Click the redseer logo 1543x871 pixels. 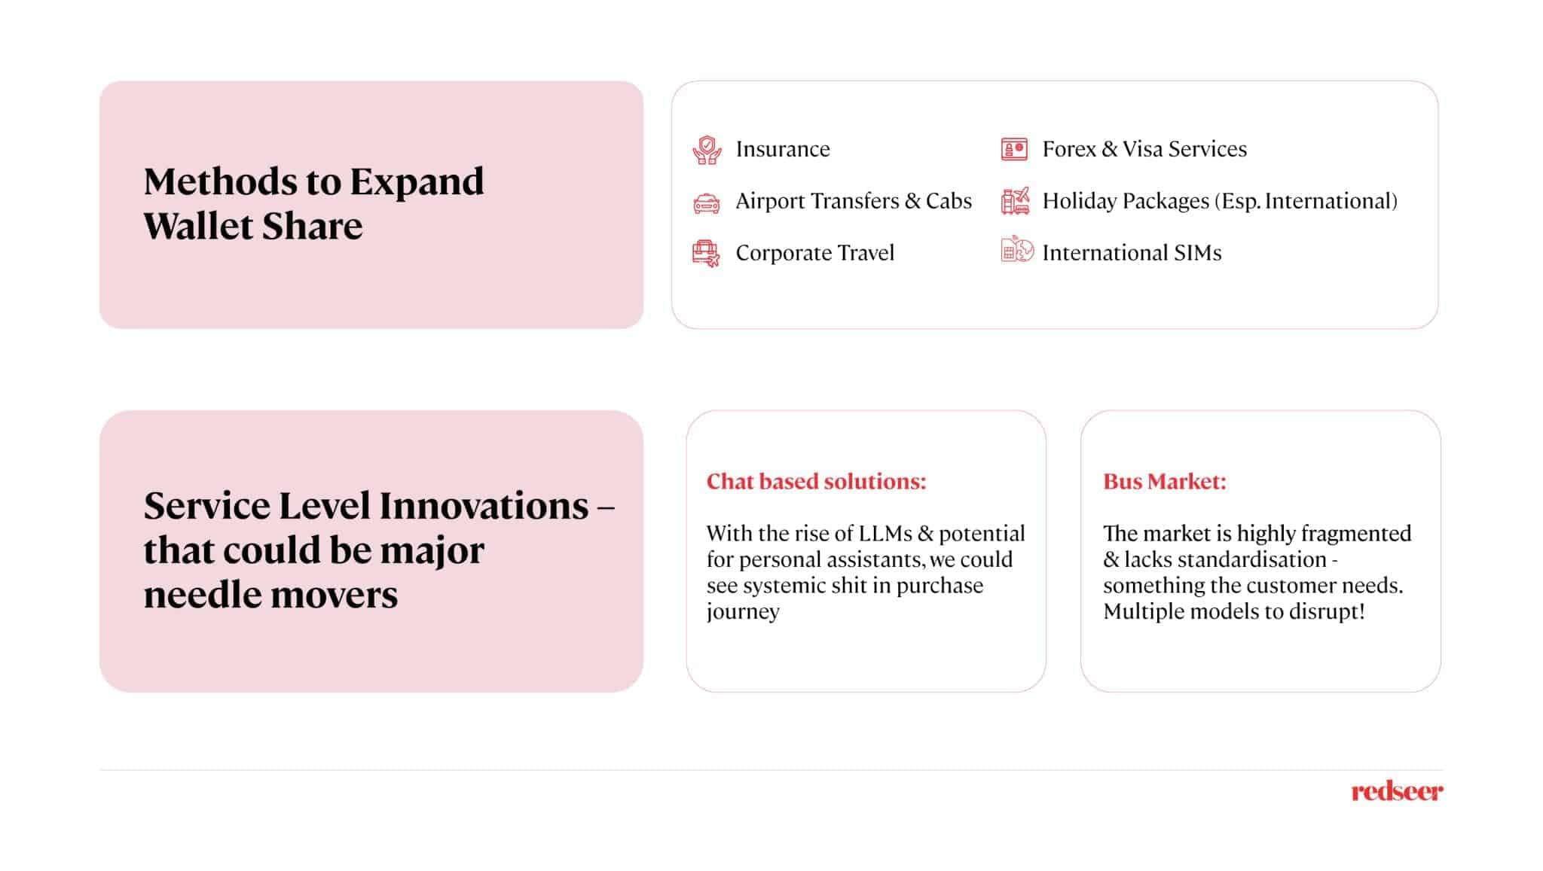pos(1397,791)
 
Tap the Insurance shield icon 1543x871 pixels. pos(707,150)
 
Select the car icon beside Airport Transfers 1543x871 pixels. pos(707,203)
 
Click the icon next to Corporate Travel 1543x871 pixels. pos(707,254)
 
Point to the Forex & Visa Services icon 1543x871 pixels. pos(1014,149)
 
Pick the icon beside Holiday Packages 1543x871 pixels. pos(1016,201)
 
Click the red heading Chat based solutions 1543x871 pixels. pos(816,481)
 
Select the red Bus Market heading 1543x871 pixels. pos(1165,481)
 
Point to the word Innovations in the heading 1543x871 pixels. pos(483,505)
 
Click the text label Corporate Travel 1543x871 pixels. pos(814,253)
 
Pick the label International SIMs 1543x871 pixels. pos(1132,253)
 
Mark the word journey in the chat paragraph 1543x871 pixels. pos(743,612)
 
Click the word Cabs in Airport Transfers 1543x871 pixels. pos(949,201)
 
